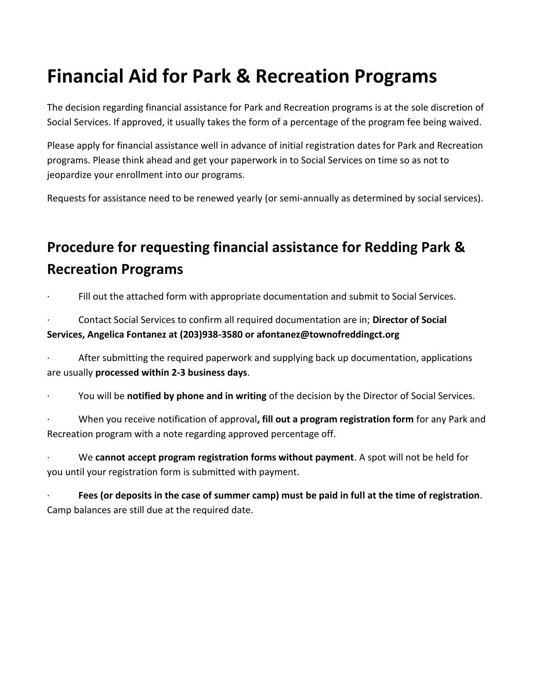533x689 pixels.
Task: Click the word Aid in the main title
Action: pyautogui.click(x=139, y=76)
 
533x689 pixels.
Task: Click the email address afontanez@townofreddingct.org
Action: pyautogui.click(x=328, y=335)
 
